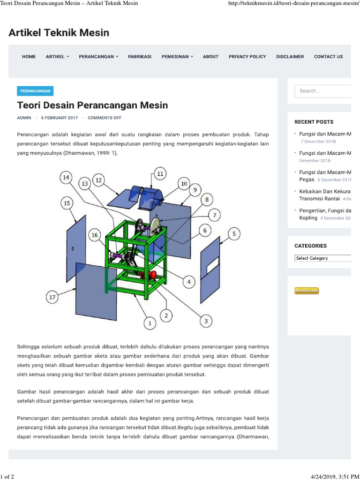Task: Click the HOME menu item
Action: click(x=29, y=56)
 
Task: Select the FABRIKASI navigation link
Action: click(x=139, y=56)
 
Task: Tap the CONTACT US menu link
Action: click(x=328, y=56)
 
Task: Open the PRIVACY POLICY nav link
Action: click(x=247, y=56)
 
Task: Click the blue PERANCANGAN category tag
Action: click(x=35, y=91)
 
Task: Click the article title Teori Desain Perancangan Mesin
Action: click(x=92, y=105)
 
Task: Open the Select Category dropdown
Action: click(x=322, y=258)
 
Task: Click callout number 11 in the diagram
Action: click(x=160, y=173)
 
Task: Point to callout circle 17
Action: click(x=53, y=297)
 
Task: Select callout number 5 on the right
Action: click(x=234, y=233)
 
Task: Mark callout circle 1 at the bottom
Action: click(x=150, y=322)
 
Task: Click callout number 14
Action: click(x=66, y=177)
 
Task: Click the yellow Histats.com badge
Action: click(x=307, y=291)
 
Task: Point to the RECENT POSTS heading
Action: click(x=314, y=122)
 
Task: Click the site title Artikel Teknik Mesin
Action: click(x=59, y=32)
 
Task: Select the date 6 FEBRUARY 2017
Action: click(x=60, y=118)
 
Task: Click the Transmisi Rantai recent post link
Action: click(x=319, y=199)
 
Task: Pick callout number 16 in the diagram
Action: click(x=95, y=235)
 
